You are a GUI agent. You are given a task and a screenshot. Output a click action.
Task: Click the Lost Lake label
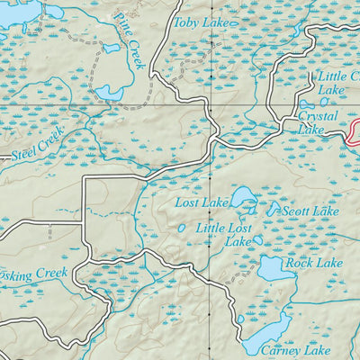click(x=202, y=204)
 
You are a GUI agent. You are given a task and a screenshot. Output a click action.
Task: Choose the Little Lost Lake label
click(x=225, y=235)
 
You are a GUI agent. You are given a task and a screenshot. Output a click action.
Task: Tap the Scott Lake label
click(x=310, y=211)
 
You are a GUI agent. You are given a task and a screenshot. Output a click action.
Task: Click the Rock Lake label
click(x=314, y=263)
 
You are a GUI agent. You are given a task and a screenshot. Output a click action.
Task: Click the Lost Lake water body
click(x=241, y=196)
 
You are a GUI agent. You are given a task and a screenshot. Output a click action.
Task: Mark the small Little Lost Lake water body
click(x=257, y=240)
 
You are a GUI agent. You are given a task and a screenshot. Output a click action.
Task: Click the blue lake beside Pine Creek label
click(x=110, y=93)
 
